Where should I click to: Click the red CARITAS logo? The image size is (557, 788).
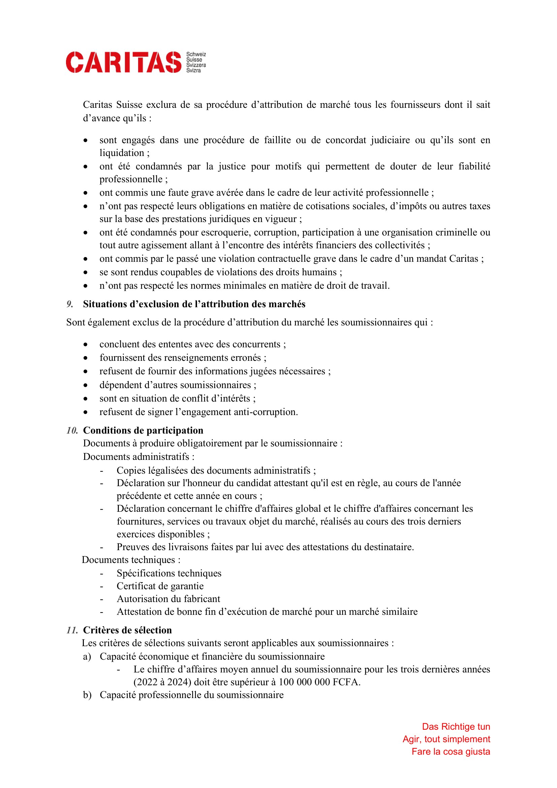(124, 62)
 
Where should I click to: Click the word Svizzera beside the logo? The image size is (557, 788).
(196, 65)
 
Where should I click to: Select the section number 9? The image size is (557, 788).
(70, 304)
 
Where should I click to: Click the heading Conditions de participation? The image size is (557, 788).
(143, 430)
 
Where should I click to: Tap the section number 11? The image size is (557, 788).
(72, 630)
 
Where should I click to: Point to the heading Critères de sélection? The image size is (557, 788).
(127, 630)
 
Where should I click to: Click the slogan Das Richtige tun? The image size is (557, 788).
(456, 727)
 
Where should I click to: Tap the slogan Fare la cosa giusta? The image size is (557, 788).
(451, 752)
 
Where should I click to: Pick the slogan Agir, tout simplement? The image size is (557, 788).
(446, 739)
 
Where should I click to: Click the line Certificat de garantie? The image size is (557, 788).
(160, 586)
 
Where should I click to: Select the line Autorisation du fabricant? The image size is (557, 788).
(168, 599)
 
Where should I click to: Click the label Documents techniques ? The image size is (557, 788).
(131, 560)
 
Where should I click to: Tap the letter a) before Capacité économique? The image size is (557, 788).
(87, 657)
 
